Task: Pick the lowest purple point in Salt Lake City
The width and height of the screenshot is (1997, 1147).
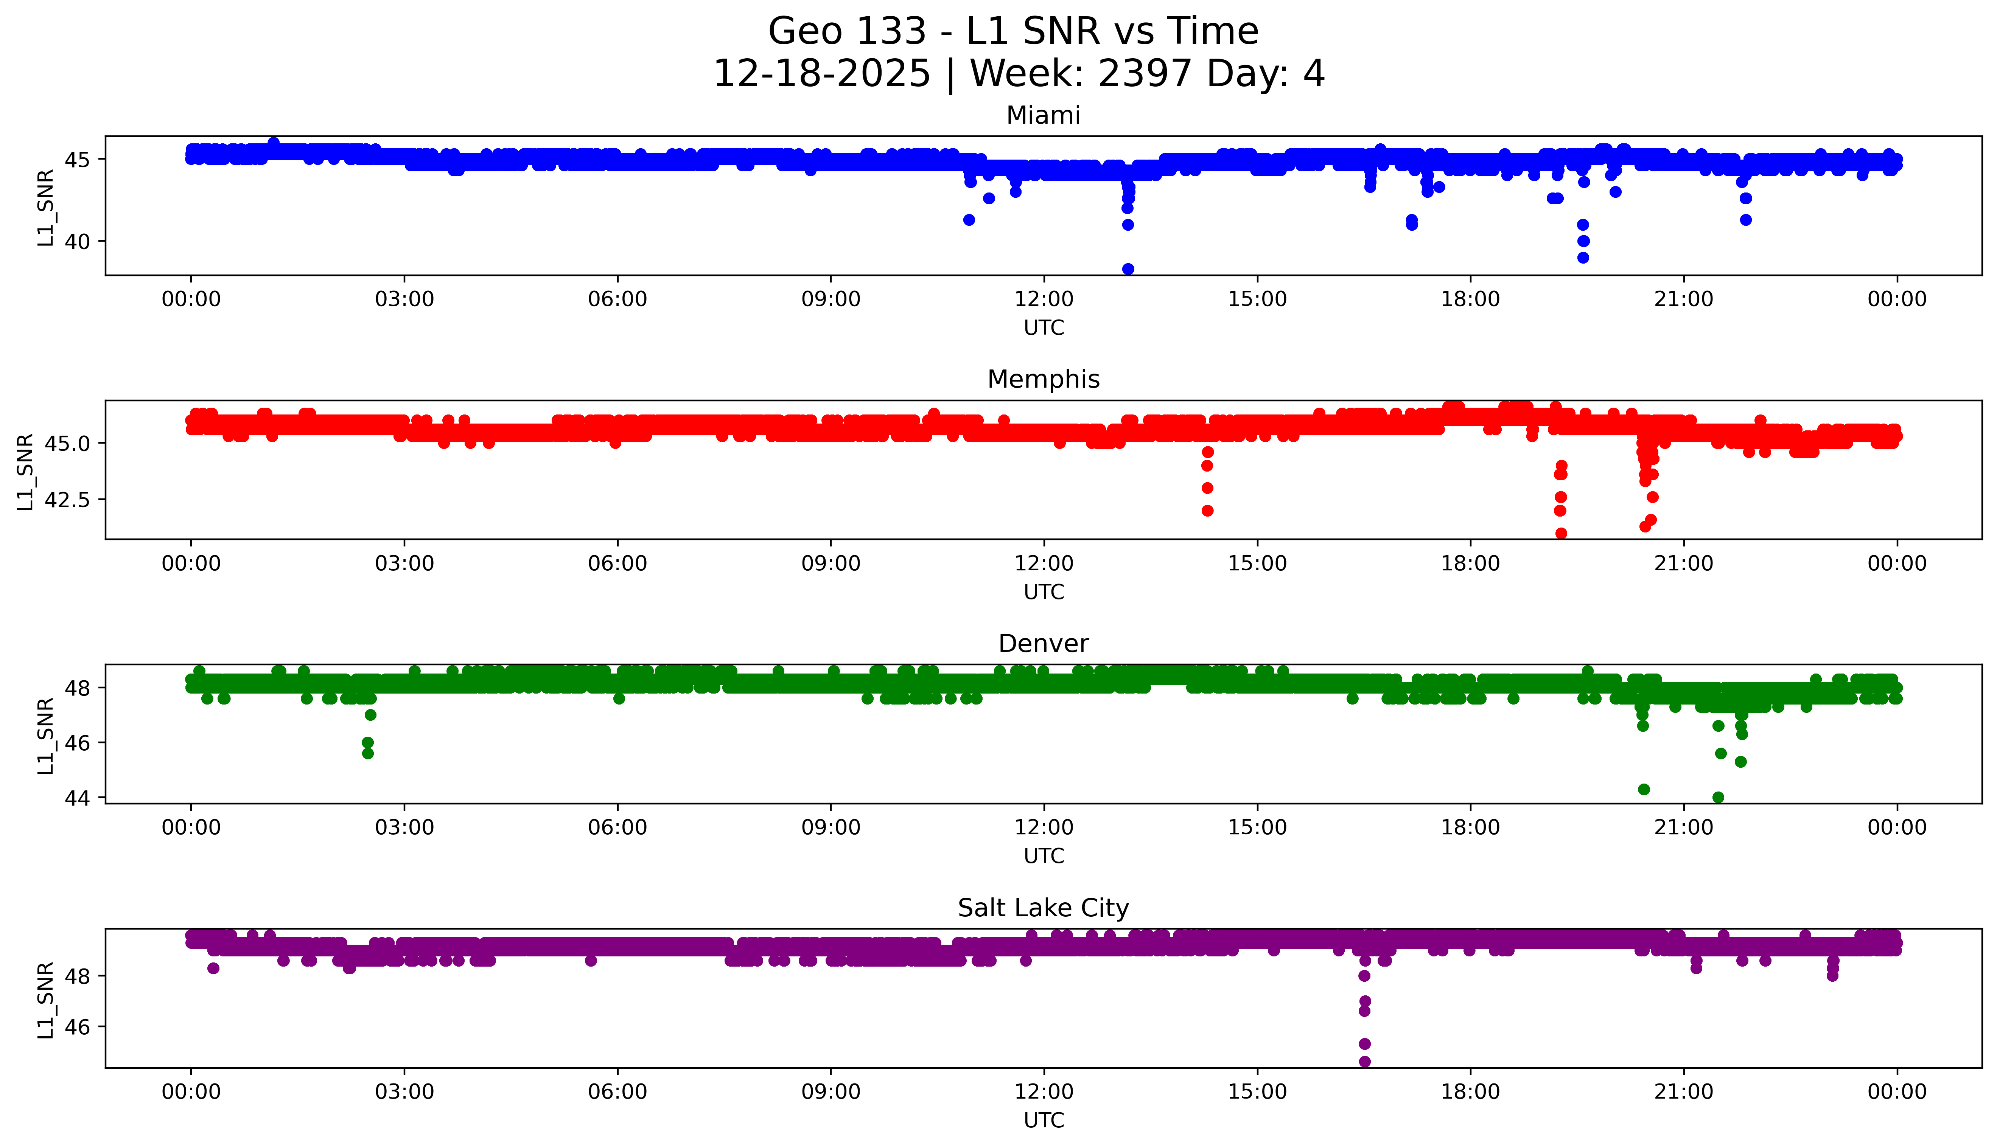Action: (1364, 1061)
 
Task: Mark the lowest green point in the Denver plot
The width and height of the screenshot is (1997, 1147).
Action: (1718, 797)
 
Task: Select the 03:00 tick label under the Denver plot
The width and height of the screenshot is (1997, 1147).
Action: (404, 827)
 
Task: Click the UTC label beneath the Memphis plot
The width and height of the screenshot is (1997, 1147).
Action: (1044, 591)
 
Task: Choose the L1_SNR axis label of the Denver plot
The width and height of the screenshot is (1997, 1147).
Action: (46, 735)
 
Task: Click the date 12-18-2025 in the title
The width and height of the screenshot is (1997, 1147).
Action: (822, 74)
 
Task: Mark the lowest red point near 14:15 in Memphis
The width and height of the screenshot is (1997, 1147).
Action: (1207, 511)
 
